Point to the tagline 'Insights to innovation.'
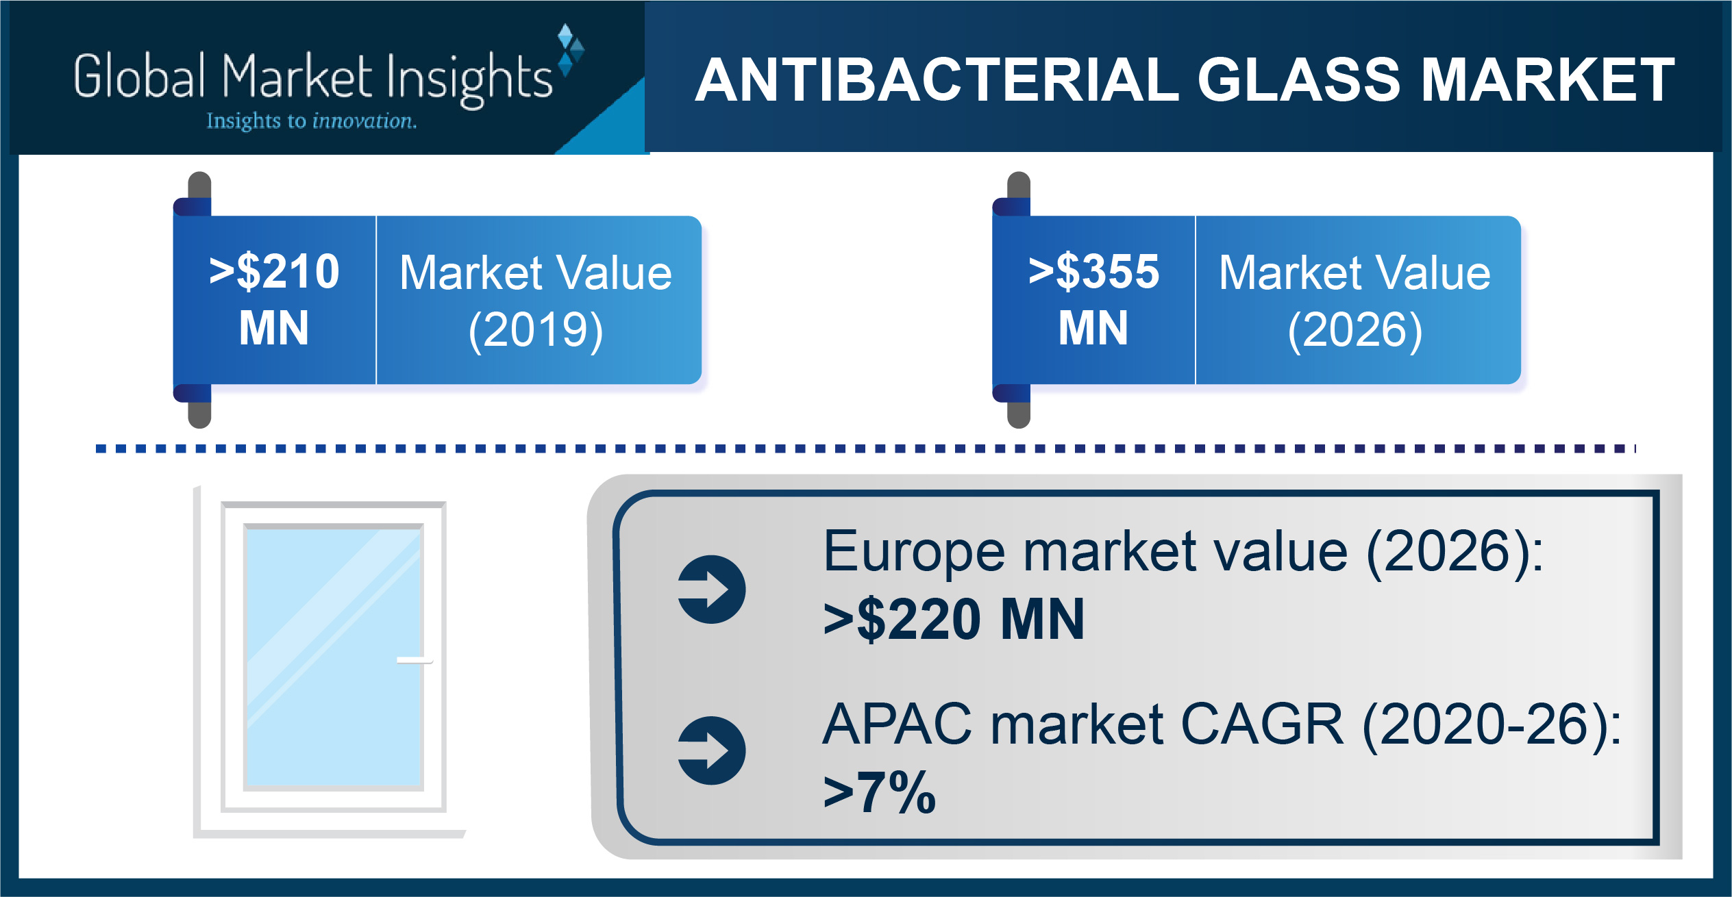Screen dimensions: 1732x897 [312, 121]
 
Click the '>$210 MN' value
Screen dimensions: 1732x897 [274, 299]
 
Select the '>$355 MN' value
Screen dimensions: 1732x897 [1093, 299]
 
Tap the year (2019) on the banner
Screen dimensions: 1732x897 [536, 331]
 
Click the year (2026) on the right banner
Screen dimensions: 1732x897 [1355, 331]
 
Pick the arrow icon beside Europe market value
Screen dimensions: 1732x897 [711, 589]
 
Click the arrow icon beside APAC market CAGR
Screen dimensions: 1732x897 [711, 750]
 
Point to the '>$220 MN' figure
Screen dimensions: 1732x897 [954, 619]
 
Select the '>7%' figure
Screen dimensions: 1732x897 [880, 792]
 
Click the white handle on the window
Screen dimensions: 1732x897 [415, 661]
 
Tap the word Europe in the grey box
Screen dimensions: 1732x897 [917, 553]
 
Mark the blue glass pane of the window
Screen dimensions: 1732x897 [333, 657]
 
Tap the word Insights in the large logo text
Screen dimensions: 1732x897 [469, 79]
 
